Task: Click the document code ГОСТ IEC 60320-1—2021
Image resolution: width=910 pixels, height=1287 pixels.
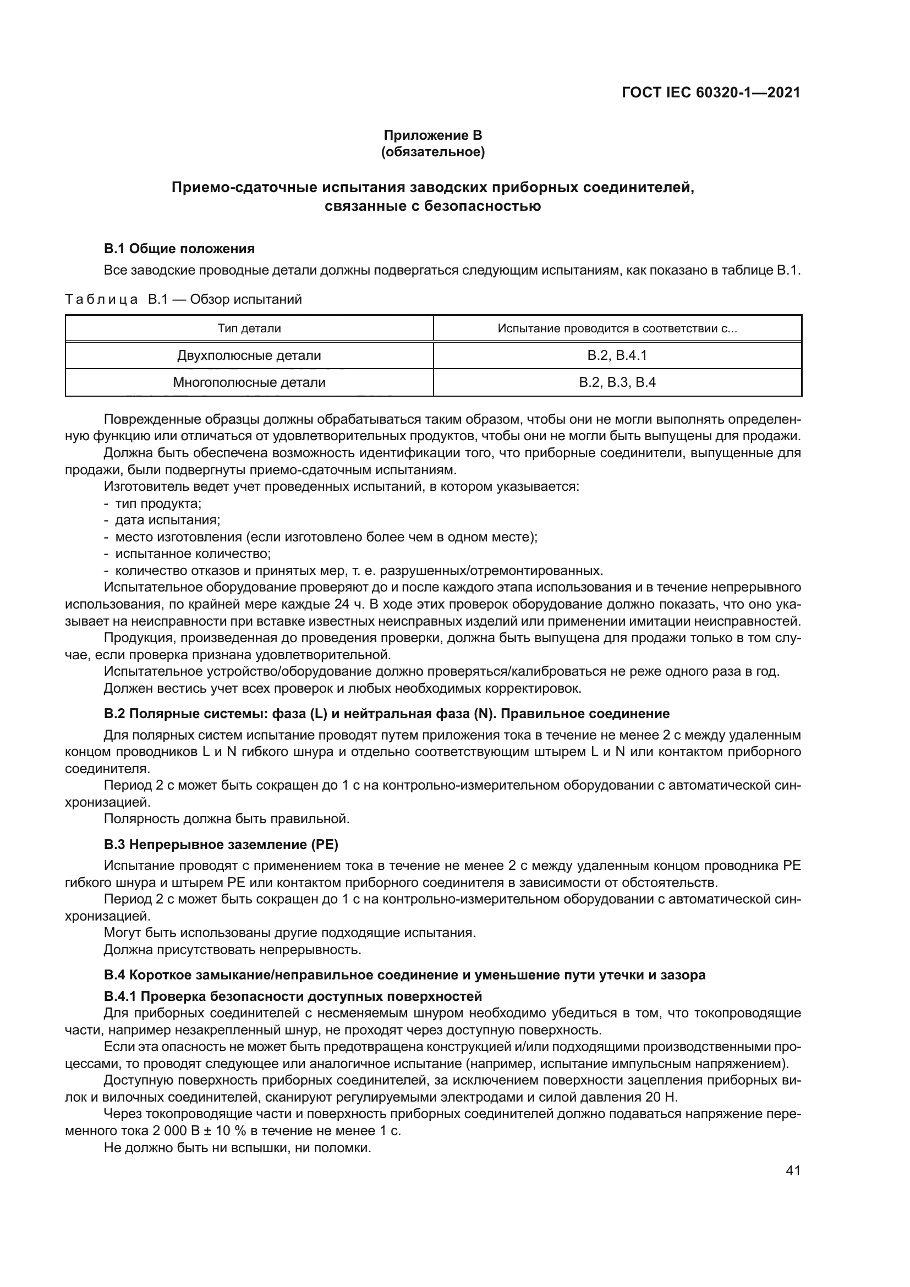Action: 710,92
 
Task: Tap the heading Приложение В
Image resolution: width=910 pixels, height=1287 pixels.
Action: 432,135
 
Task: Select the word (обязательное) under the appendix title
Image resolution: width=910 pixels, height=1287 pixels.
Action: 432,152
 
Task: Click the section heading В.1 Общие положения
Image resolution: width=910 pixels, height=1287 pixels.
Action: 179,248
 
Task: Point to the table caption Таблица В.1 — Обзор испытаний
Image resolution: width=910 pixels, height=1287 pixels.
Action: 184,299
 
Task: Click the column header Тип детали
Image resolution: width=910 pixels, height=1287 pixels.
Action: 249,328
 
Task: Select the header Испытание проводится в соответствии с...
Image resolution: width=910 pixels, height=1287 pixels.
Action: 617,328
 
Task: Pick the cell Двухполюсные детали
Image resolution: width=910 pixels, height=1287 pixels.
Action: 249,355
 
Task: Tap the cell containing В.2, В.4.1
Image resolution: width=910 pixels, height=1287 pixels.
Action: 617,355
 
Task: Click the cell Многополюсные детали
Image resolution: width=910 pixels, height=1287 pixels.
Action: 249,383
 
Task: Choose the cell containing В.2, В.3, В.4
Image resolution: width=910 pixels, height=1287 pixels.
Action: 617,383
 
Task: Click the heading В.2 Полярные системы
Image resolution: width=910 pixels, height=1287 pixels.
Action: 387,714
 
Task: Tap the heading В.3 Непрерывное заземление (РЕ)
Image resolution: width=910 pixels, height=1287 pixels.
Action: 221,844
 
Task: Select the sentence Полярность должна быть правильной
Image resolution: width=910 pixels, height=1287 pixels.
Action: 226,819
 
